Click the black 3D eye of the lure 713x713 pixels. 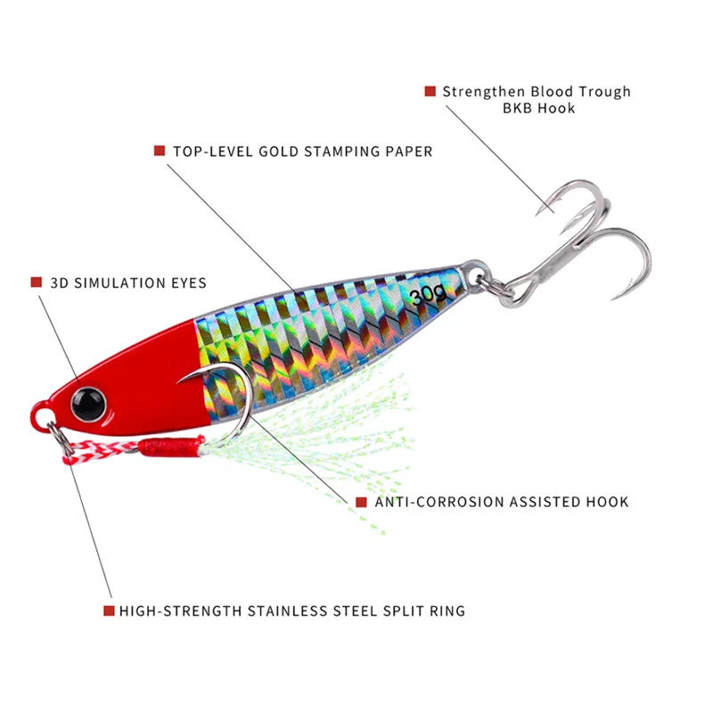[x=90, y=402]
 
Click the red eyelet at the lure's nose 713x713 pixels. [x=41, y=414]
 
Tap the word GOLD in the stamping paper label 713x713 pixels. [x=281, y=152]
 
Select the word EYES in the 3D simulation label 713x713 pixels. [x=185, y=283]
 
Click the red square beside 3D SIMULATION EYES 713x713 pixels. [x=37, y=283]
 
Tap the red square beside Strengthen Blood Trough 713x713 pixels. [x=430, y=91]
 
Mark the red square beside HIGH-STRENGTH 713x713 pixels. [x=109, y=611]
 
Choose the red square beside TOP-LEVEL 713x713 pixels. [x=160, y=151]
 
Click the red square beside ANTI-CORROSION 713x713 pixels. [x=361, y=502]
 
